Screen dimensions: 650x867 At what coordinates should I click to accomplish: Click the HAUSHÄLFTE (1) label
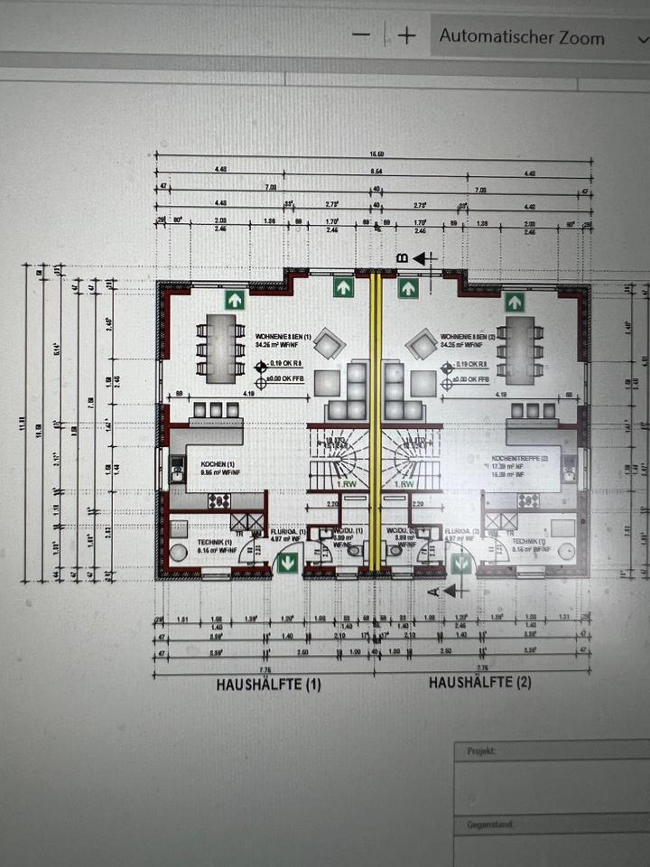pyautogui.click(x=268, y=685)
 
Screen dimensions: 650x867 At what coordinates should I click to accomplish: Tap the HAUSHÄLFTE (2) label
pyautogui.click(x=480, y=683)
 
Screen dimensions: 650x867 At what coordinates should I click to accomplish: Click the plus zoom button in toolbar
pyautogui.click(x=407, y=35)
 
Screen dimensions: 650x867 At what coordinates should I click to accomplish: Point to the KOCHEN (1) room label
pyautogui.click(x=218, y=462)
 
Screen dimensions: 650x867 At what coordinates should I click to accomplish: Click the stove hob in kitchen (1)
pyautogui.click(x=218, y=499)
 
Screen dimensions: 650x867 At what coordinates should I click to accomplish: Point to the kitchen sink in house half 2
pyautogui.click(x=569, y=466)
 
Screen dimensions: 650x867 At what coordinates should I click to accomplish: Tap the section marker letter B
pyautogui.click(x=404, y=258)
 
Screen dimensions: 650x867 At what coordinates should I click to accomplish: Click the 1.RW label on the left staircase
pyautogui.click(x=344, y=483)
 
